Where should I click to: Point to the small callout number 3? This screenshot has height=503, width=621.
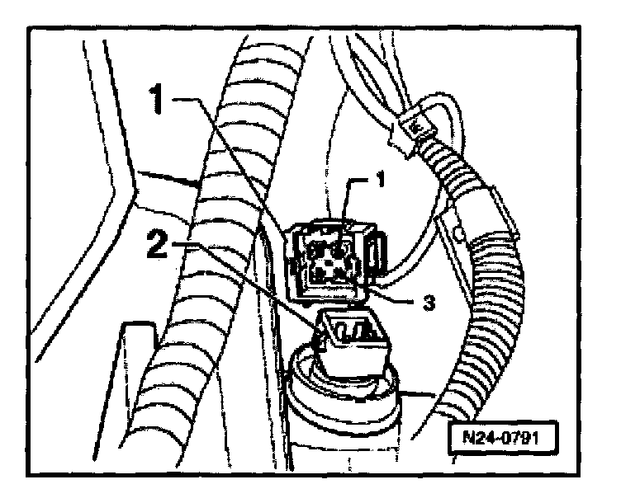(x=427, y=303)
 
